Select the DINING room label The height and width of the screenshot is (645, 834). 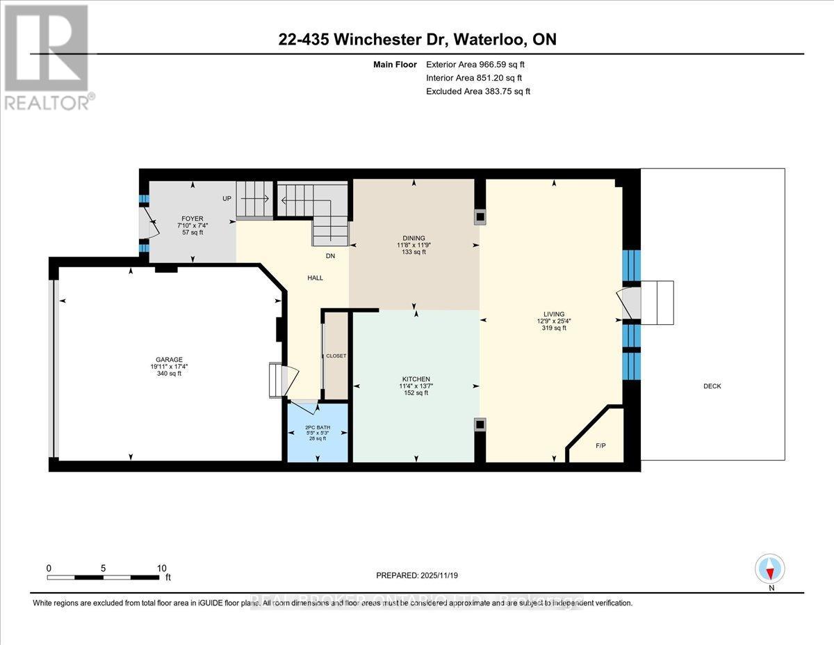click(414, 238)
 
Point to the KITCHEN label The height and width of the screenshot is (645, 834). click(415, 379)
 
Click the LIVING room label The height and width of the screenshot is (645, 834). click(554, 314)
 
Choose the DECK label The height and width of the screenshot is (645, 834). click(712, 386)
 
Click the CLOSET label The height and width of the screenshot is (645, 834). click(336, 356)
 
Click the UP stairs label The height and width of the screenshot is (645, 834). click(227, 198)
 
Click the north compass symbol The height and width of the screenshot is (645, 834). click(770, 569)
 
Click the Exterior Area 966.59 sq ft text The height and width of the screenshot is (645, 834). click(480, 65)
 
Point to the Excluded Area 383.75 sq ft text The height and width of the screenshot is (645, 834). click(478, 91)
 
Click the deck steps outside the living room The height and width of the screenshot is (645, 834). click(657, 303)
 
